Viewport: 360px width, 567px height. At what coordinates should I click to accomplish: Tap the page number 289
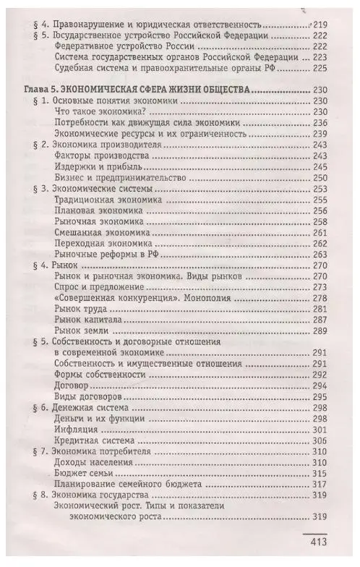pyautogui.click(x=319, y=331)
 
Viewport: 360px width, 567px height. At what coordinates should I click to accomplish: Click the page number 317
pyautogui.click(x=319, y=485)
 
